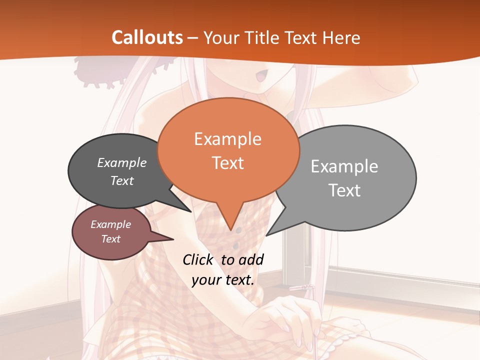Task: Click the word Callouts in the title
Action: click(x=147, y=37)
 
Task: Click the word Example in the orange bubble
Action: click(x=228, y=139)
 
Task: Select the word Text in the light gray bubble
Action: click(x=344, y=190)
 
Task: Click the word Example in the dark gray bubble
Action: click(x=122, y=162)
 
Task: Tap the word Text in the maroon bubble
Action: click(x=111, y=239)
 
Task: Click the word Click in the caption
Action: click(x=199, y=259)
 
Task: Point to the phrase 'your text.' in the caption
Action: click(x=223, y=280)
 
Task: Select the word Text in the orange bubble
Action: click(x=228, y=163)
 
